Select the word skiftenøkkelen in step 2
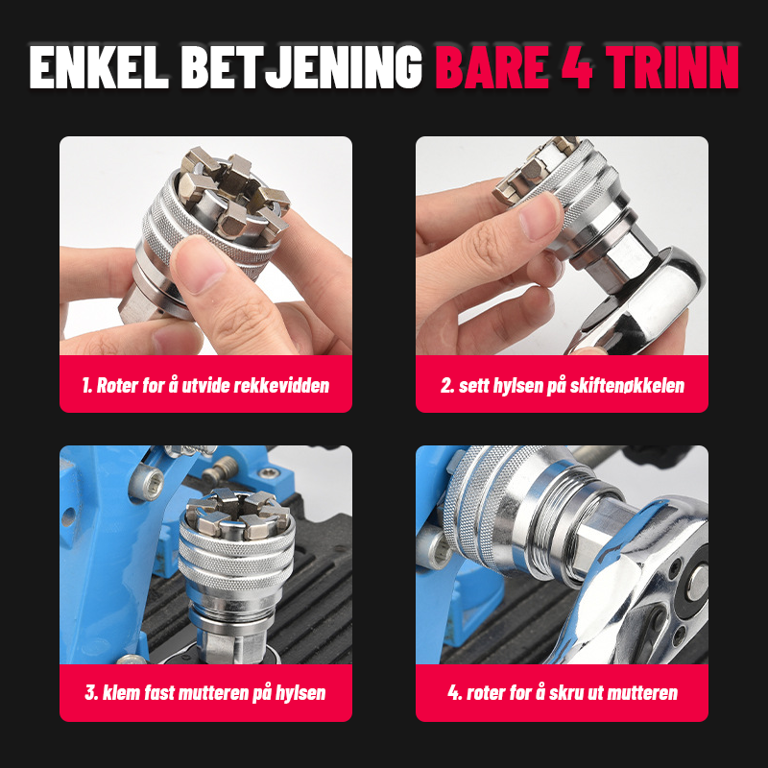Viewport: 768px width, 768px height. pos(628,386)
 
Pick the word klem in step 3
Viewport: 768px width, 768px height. pos(126,693)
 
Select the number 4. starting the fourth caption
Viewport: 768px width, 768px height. pos(453,693)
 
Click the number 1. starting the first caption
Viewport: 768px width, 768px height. pos(86,386)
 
